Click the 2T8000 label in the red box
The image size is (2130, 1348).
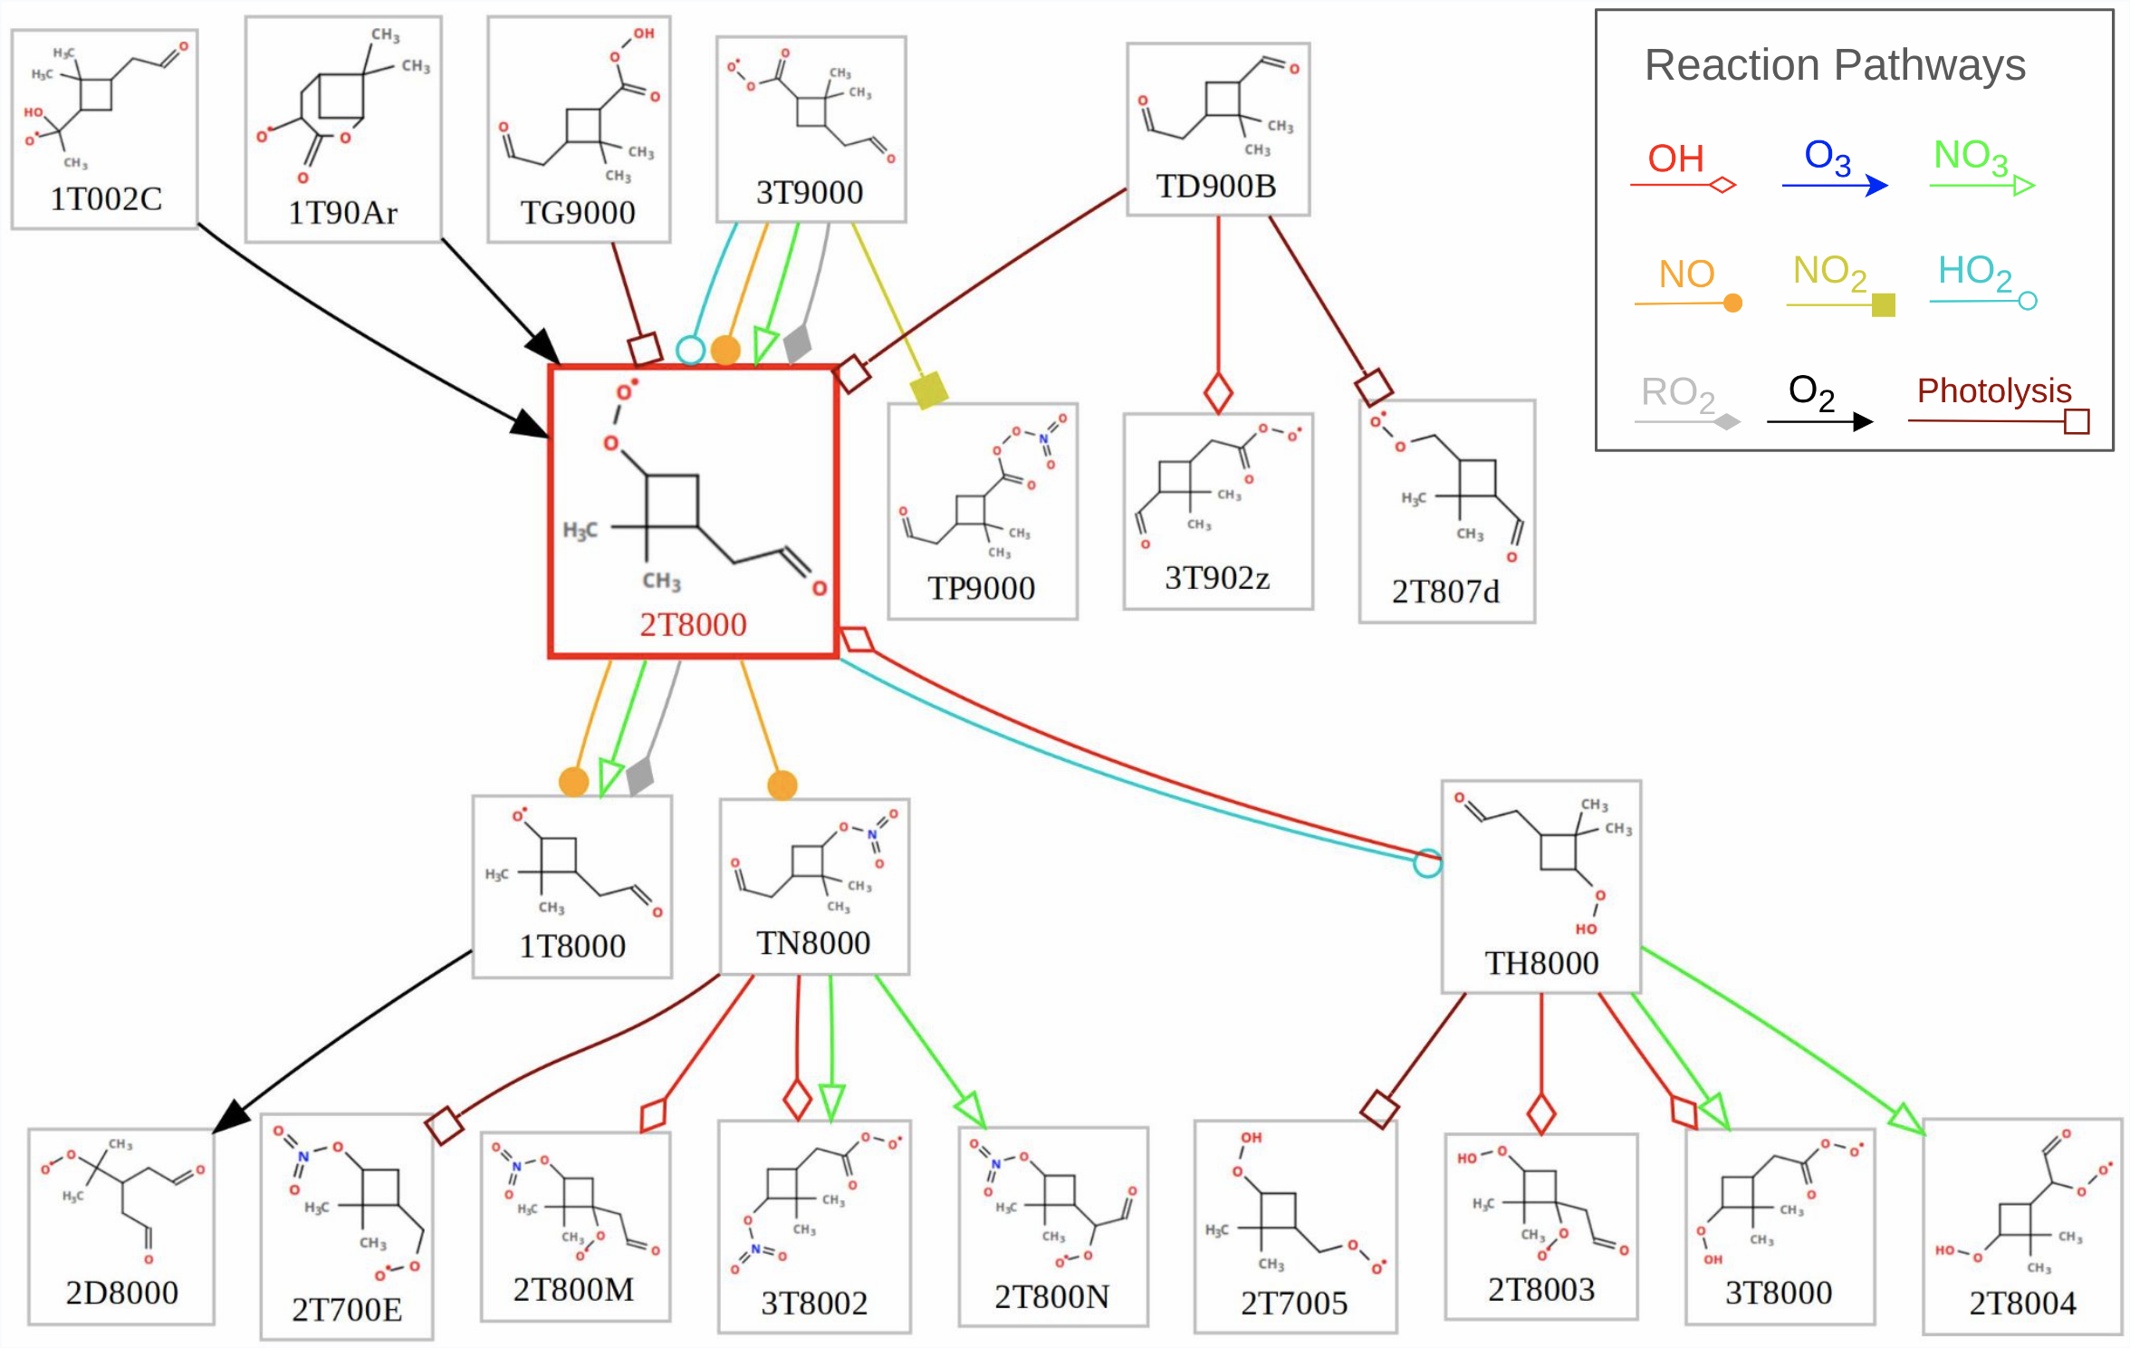pos(693,624)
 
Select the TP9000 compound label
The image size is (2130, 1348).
pos(981,588)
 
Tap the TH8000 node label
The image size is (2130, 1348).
pos(1541,963)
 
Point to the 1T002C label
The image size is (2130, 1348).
pos(106,198)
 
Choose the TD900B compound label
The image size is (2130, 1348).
pos(1216,186)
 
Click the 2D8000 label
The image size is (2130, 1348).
pos(121,1292)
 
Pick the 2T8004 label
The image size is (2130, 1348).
pos(2022,1303)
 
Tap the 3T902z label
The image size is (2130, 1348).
pos(1217,577)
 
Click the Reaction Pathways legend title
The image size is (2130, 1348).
pos(1835,65)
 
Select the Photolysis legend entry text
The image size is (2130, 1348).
pos(1994,390)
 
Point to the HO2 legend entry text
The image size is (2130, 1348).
pos(1974,271)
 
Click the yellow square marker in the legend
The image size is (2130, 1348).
pos(1884,304)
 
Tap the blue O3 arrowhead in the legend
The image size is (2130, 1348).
pos(1877,186)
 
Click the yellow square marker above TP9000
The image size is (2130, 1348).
pos(929,390)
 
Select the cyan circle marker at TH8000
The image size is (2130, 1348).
pos(1427,863)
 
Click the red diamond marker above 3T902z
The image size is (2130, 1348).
pos(1218,393)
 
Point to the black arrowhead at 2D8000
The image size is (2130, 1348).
pos(233,1116)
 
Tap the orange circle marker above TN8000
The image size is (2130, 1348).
pos(782,785)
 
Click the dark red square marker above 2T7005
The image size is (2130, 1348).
pos(1379,1109)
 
